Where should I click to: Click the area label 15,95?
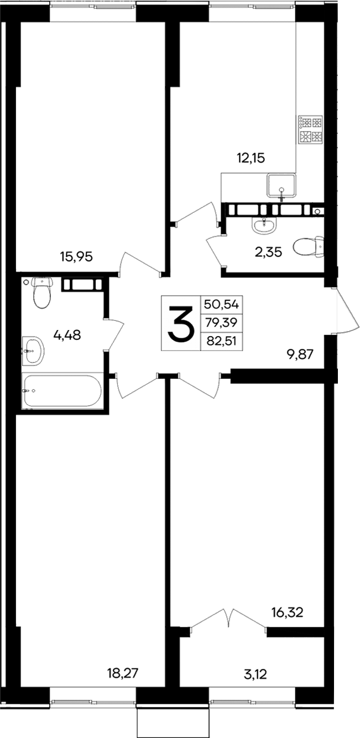(x=76, y=257)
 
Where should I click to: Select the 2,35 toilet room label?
(x=268, y=253)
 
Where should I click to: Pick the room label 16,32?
(x=289, y=612)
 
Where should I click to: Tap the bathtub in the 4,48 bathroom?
(x=62, y=391)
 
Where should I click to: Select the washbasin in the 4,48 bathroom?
(x=33, y=351)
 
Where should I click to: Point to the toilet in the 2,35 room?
(x=308, y=247)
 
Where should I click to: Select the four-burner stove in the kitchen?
(x=310, y=130)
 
